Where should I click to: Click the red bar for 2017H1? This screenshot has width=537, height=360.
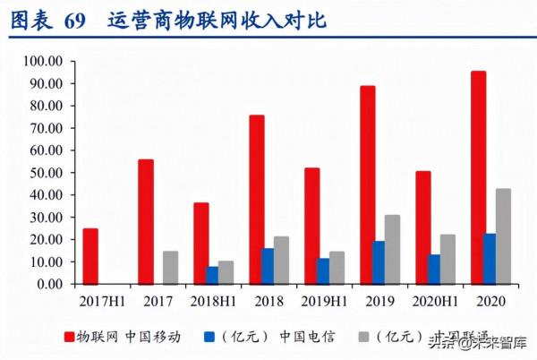(90, 256)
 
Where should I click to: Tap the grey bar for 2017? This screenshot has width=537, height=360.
(170, 268)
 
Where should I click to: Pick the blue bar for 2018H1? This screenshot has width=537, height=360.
(212, 275)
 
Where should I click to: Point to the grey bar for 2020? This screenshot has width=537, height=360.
(503, 236)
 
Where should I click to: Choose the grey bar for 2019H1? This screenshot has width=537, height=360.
(337, 268)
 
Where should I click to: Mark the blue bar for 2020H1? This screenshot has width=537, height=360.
(435, 269)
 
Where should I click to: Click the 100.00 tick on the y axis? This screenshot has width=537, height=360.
(42, 61)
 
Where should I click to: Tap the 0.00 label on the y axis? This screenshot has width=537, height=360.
(47, 284)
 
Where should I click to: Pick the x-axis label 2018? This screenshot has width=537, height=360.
(268, 302)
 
